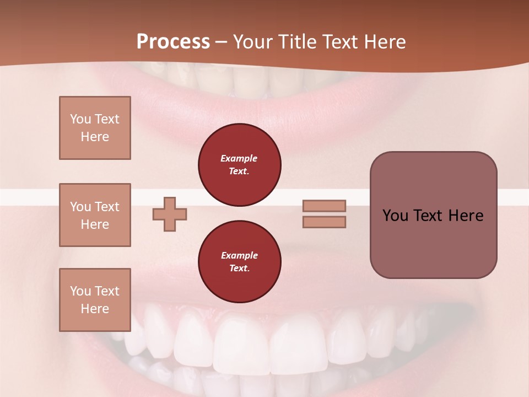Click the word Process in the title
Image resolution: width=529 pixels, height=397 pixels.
coord(173,42)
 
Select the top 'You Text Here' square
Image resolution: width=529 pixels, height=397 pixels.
coord(95,128)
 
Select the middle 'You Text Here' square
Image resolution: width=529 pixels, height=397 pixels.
coord(95,215)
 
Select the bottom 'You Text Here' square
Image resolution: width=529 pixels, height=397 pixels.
coord(95,299)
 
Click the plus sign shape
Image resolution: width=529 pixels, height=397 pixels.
coord(170,214)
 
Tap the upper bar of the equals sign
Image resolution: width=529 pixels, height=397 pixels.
coord(324,206)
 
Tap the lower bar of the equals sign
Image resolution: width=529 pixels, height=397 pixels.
coord(324,222)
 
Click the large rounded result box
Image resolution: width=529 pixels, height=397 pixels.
coord(433,243)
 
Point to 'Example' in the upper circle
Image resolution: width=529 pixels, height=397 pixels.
coord(239,158)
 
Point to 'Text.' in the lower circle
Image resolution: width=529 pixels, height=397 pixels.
coord(239,268)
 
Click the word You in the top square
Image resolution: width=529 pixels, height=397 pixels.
coord(79,119)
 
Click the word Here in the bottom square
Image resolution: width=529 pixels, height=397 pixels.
coord(95,309)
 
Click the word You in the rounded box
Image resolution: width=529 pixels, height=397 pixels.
coord(395,216)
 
